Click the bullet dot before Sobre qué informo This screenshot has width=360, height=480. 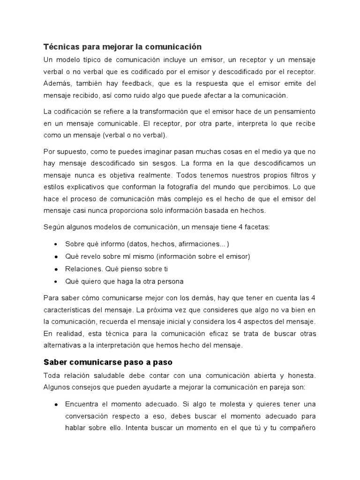point(56,245)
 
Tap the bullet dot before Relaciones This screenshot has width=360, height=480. point(56,270)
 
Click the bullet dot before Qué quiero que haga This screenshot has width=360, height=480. point(56,282)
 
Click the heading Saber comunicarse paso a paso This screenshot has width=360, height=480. point(108,362)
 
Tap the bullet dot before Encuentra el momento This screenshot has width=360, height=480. point(56,404)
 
